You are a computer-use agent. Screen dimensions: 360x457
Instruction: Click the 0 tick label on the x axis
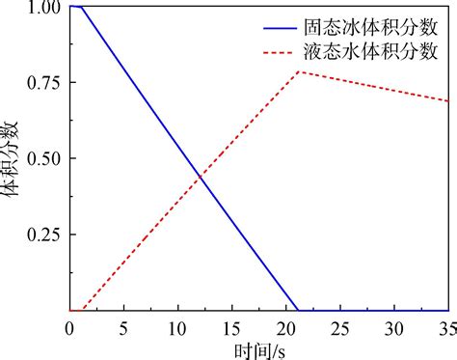(x=69, y=328)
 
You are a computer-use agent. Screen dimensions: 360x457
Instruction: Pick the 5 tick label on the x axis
(x=123, y=328)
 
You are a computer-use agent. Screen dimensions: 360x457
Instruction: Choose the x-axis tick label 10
(x=177, y=328)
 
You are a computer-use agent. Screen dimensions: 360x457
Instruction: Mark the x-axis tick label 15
(x=231, y=328)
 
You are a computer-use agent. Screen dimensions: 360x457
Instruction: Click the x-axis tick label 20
(x=286, y=328)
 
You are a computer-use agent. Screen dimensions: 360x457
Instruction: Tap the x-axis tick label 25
(x=340, y=328)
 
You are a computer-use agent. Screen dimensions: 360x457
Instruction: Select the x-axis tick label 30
(x=394, y=328)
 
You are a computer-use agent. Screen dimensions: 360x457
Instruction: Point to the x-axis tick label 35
(x=446, y=328)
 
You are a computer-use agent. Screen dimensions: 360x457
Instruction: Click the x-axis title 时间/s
(x=258, y=348)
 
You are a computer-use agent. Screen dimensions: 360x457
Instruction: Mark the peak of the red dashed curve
(x=300, y=71)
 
